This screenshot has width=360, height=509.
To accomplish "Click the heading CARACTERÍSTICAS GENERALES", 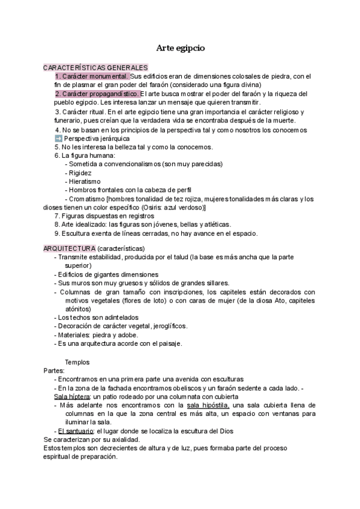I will [x=95, y=68].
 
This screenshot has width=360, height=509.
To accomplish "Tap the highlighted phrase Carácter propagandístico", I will [x=97, y=94].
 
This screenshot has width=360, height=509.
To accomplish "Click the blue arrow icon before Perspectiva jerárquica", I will [x=58, y=138].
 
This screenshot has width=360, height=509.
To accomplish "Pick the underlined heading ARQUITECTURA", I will [x=69, y=248].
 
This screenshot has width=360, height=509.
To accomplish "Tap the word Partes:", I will [x=55, y=370].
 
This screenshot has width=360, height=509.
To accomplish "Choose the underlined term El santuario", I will [x=76, y=431].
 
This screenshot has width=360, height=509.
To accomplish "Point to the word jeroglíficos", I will [x=167, y=326].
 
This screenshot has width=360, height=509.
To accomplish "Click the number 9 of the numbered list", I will [x=56, y=233].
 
